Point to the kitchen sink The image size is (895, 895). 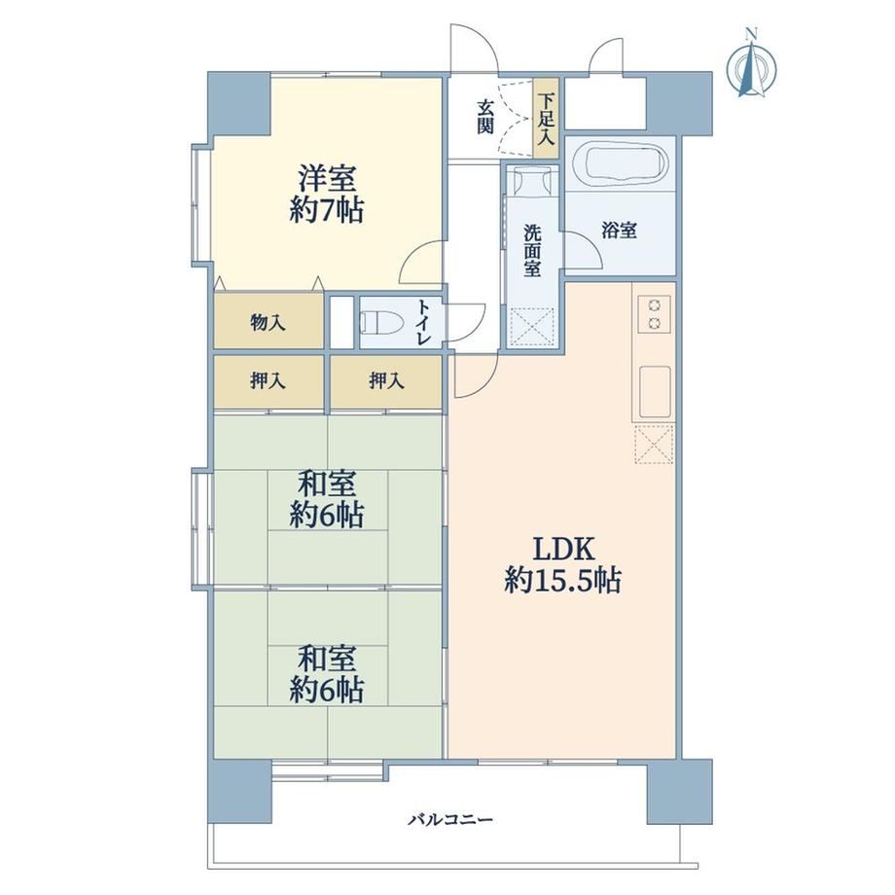(x=655, y=392)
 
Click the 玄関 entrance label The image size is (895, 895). (x=485, y=117)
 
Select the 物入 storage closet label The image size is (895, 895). (x=268, y=323)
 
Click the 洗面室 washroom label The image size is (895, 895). (x=532, y=251)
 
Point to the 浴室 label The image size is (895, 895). (x=620, y=231)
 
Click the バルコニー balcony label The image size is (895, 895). (x=449, y=820)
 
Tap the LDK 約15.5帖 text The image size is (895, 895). (x=563, y=565)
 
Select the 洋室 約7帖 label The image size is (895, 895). (x=327, y=194)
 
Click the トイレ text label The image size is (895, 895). (x=423, y=323)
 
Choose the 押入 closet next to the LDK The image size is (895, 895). (x=386, y=380)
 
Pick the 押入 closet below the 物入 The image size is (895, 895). (x=268, y=380)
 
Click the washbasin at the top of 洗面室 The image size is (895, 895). (x=532, y=180)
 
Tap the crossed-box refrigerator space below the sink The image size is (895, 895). (x=654, y=444)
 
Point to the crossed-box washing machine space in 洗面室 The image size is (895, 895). (x=532, y=327)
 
